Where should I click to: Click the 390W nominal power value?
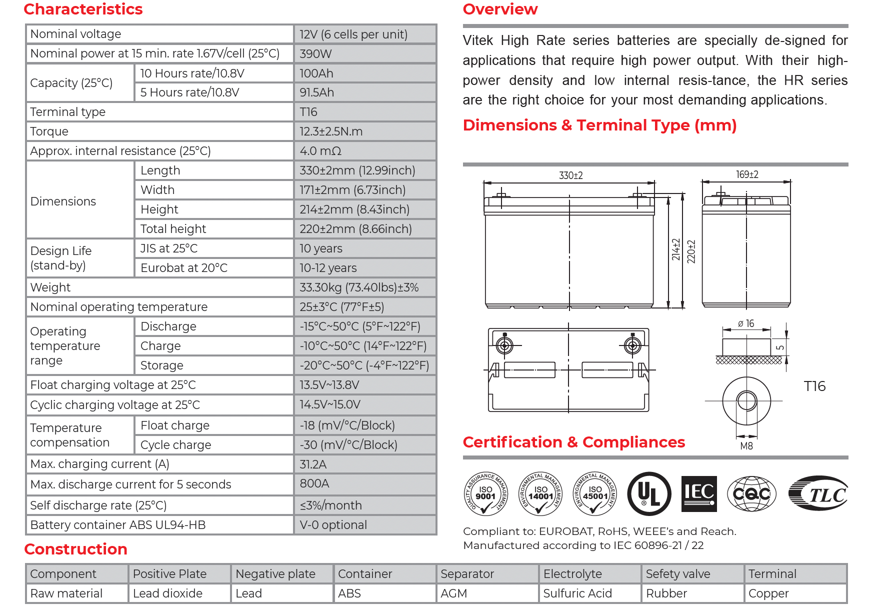click(x=315, y=54)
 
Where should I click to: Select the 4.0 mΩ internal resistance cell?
click(x=320, y=151)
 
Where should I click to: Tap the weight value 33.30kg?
click(x=358, y=287)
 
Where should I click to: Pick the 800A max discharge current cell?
click(x=314, y=483)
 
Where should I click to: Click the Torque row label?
click(x=49, y=131)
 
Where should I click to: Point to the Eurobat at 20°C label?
click(x=183, y=268)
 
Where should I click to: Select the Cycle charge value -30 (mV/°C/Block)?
click(x=348, y=445)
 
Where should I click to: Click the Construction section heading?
click(x=75, y=549)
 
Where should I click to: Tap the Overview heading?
click(x=500, y=9)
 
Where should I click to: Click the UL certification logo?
click(x=649, y=494)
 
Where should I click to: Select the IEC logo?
click(x=699, y=494)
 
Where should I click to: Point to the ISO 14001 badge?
click(x=540, y=494)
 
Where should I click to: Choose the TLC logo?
click(x=818, y=494)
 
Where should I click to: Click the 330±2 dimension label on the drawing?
click(x=570, y=175)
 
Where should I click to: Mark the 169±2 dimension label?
click(x=747, y=174)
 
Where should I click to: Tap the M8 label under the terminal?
click(x=746, y=446)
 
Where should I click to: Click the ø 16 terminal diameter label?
click(x=746, y=324)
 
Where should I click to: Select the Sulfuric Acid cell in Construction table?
click(x=577, y=593)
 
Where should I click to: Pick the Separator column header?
click(x=467, y=574)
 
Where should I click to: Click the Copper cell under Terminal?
click(x=768, y=593)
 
